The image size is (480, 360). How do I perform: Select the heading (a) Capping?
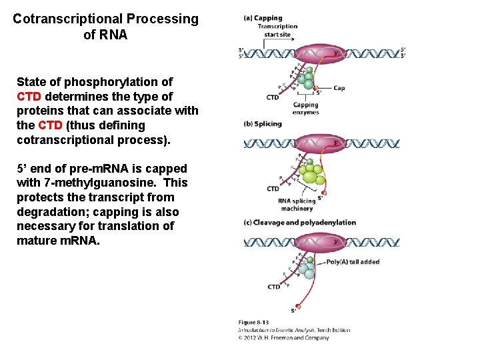pos(263,18)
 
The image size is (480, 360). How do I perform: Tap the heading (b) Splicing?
pos(264,123)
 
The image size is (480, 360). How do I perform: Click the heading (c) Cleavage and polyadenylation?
pos(301,222)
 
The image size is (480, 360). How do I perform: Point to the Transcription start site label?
pos(277,31)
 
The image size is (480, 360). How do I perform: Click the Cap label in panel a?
pos(339,88)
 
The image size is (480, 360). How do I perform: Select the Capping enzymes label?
pos(305,109)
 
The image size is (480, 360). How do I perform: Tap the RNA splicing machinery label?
pos(297,205)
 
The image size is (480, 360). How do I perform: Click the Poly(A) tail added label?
pos(353,262)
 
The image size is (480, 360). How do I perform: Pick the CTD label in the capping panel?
pos(273,97)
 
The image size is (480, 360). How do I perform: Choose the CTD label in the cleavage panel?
pos(274,287)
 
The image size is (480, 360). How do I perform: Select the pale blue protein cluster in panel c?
pos(305,268)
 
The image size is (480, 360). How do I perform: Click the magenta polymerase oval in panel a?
pos(319,53)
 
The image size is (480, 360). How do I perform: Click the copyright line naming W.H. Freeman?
pos(284,337)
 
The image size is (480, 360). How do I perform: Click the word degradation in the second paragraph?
pos(50,212)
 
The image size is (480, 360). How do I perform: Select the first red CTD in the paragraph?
pos(29,96)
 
